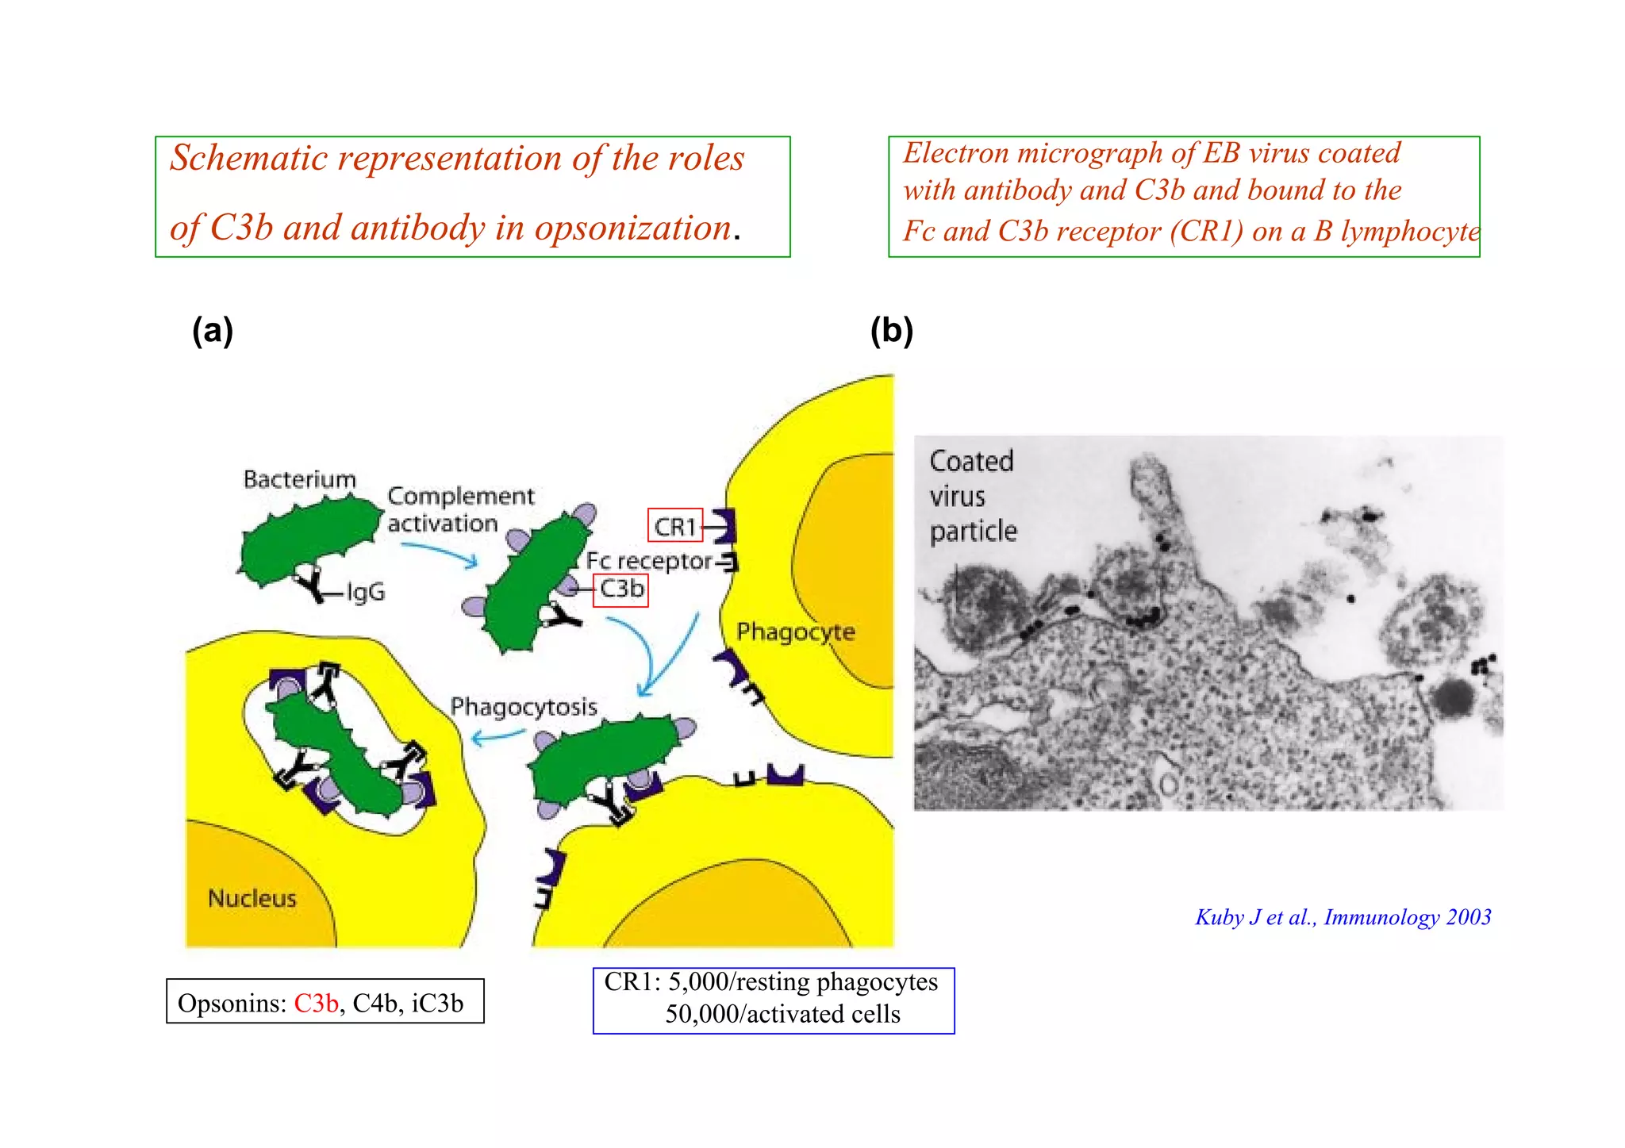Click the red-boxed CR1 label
click(674, 526)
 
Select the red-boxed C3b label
click(621, 589)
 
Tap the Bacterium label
click(299, 480)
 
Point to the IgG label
click(365, 592)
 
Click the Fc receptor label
click(649, 561)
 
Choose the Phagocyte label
click(796, 632)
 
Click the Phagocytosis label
click(524, 707)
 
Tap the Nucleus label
click(252, 898)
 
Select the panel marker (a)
click(213, 330)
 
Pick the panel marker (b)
click(892, 330)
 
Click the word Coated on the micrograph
click(971, 461)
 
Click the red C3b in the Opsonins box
click(316, 1004)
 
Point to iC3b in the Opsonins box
click(437, 1004)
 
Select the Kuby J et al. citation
click(1343, 917)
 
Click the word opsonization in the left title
click(632, 228)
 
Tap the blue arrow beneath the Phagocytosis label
click(497, 737)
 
